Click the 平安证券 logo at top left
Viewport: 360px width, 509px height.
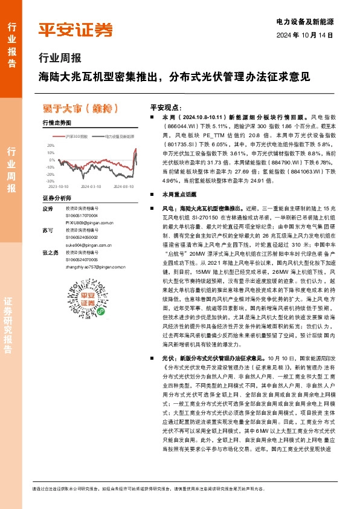(x=75, y=30)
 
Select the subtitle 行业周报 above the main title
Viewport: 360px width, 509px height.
(x=60, y=59)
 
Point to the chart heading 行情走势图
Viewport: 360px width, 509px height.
(x=57, y=123)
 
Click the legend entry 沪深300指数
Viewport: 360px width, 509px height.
(x=77, y=137)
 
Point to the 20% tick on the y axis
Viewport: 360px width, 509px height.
(x=51, y=146)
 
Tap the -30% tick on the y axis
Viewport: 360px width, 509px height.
(x=50, y=181)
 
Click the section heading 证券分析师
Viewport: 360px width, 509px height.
(x=57, y=198)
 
